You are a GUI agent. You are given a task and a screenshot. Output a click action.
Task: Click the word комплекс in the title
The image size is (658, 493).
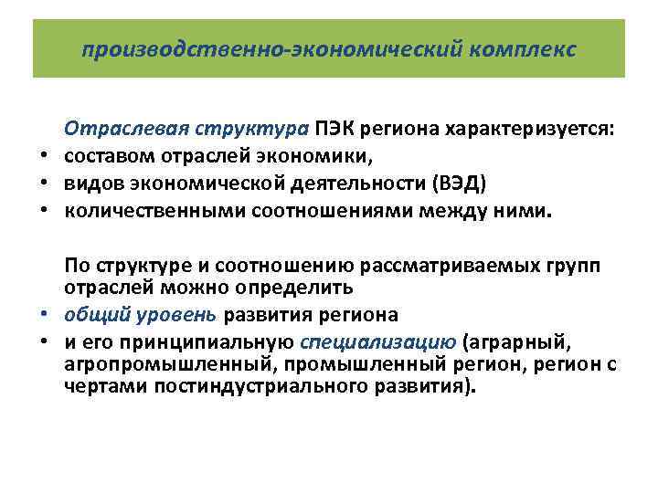point(525,49)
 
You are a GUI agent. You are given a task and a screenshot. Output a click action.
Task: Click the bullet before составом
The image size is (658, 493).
point(42,157)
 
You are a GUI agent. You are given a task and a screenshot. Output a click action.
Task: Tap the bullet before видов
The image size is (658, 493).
point(42,184)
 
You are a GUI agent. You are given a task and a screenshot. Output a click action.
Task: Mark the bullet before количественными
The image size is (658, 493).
point(42,212)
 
